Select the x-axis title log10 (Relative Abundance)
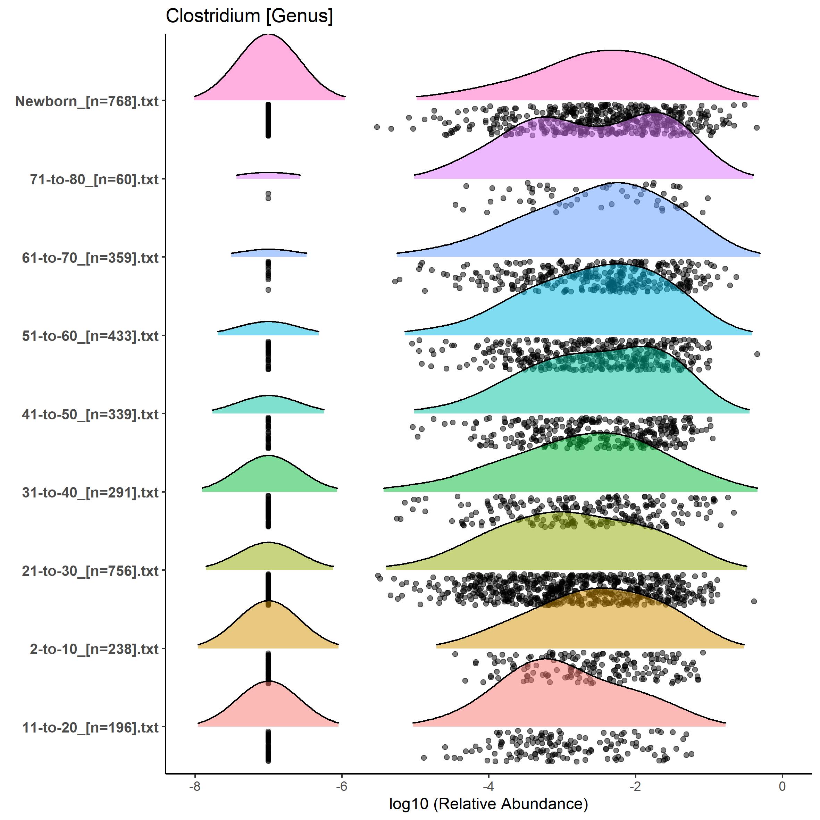488,804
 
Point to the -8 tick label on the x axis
195,786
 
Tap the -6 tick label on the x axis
342,786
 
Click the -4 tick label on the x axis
488,786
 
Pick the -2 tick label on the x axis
635,786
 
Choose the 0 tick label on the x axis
782,786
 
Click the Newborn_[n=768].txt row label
87,101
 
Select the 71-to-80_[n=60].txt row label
94,179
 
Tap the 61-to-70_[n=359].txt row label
90,258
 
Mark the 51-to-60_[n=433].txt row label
90,336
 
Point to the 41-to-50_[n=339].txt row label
90,414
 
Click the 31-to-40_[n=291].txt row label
90,492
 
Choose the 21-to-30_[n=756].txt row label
90,571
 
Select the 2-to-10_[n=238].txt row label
94,649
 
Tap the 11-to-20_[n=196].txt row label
90,727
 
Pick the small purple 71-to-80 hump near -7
268,175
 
